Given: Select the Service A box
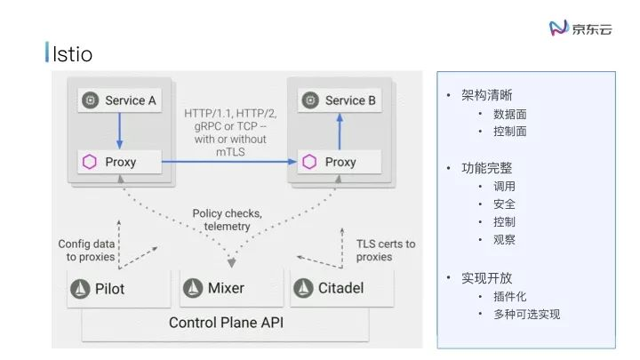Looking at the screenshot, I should tap(119, 100).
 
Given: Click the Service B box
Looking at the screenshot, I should tap(339, 100).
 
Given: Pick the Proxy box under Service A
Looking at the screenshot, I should tap(119, 162).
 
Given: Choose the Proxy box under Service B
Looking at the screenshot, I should tap(339, 162).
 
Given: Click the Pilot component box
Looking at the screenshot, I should tap(119, 288).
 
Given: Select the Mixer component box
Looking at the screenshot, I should tap(229, 288).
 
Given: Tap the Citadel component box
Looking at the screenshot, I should tap(339, 288).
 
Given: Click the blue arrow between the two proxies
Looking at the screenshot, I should tap(229, 162).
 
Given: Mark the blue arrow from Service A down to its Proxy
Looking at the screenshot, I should tap(119, 131).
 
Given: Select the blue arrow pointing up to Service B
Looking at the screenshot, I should tap(339, 131).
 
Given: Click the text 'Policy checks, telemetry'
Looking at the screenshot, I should tap(228, 220).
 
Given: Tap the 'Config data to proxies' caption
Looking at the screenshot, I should tap(86, 250).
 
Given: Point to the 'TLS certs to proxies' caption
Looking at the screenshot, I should tap(385, 250).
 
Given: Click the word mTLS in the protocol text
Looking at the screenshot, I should tap(228, 152).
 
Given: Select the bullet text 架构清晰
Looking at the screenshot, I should tap(486, 96).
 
